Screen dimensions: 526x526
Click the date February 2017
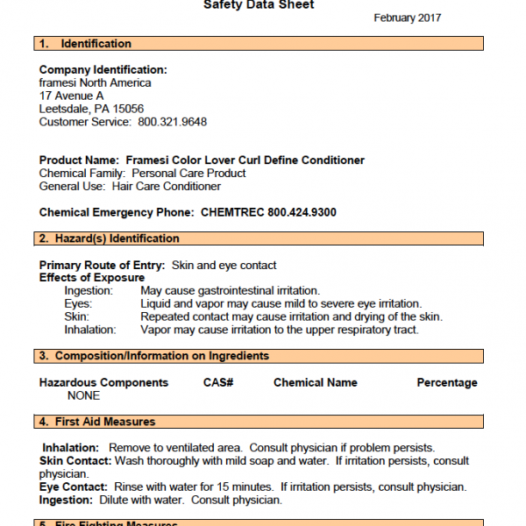tap(407, 18)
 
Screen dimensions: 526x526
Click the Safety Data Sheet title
tap(259, 4)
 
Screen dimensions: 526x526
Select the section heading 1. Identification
tap(85, 44)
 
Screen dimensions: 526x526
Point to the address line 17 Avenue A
tap(71, 96)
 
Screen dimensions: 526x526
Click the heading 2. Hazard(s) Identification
tap(109, 238)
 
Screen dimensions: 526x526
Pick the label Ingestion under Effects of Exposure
tap(89, 290)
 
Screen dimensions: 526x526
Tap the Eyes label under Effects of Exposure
tap(78, 303)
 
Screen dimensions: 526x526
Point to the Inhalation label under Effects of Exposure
tap(89, 330)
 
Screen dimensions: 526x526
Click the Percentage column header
tap(447, 382)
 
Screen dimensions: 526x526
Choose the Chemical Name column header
tap(316, 382)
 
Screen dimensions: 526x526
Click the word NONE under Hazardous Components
tap(83, 395)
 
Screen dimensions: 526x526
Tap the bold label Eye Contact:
tap(73, 487)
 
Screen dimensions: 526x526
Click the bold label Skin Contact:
tap(75, 460)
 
